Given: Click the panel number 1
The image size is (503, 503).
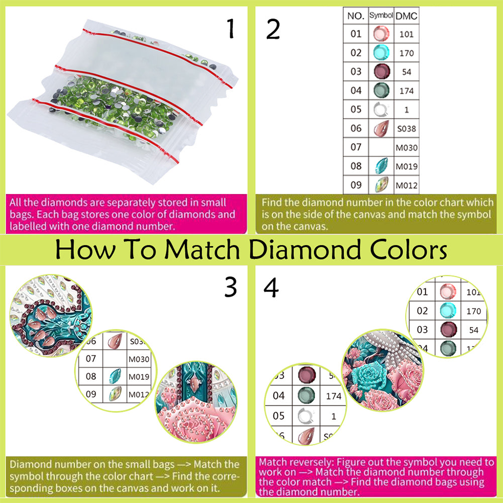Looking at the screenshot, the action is [231, 29].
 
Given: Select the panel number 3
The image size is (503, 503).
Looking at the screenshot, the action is [231, 287].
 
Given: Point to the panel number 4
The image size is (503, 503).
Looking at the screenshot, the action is [271, 287].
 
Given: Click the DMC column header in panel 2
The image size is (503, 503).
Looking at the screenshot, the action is [407, 16].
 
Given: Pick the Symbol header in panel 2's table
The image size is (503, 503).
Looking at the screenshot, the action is [381, 15].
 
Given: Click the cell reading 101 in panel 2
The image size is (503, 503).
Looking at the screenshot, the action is [407, 34].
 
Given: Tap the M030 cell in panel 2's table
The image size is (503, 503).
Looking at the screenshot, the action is [407, 148].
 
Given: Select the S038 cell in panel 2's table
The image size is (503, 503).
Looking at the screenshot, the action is [407, 129].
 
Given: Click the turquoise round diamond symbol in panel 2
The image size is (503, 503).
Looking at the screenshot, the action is [381, 52].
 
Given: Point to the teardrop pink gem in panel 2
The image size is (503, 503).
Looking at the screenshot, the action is [381, 129].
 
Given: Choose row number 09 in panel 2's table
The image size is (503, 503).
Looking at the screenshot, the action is [356, 185].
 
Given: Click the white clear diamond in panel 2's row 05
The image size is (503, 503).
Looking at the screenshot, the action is [381, 110].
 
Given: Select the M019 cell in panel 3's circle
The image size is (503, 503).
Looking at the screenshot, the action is [139, 376].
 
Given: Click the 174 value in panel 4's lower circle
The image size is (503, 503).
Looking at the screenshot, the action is [334, 396].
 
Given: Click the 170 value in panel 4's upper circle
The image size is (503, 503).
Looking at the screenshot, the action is [474, 311].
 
